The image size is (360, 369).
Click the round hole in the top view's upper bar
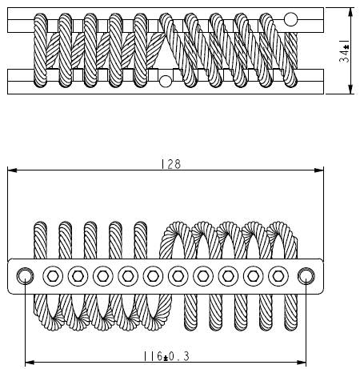pyautogui.click(x=291, y=19)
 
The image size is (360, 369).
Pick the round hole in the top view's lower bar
pyautogui.click(x=165, y=80)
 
